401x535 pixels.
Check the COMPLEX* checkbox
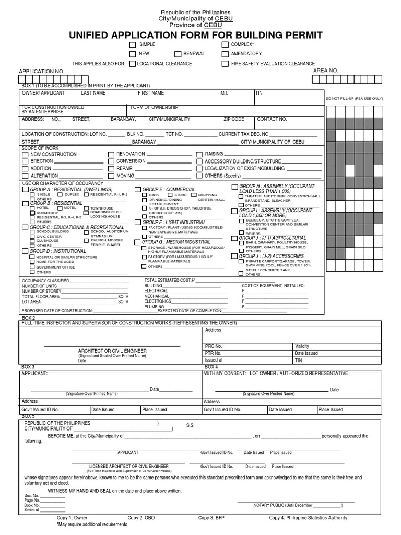pos(225,45)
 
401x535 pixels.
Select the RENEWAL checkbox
pos(178,54)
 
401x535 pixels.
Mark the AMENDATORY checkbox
pos(225,54)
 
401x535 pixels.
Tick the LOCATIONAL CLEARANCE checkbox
pos(133,64)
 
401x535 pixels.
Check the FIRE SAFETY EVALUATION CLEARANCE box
pos(225,64)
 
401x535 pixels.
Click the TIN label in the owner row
pos(259,93)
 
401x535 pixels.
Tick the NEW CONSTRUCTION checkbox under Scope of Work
pos(25,155)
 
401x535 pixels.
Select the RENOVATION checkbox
pos(111,155)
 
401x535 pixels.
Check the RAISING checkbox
pos(199,155)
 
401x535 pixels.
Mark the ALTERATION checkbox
pos(25,176)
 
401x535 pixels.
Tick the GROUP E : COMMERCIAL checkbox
pos(138,189)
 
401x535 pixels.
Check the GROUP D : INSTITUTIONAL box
pos(25,251)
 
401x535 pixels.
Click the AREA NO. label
pos(326,70)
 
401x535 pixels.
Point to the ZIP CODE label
pos(234,119)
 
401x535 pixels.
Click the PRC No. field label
pos(214,346)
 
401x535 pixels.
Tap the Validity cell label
pos(302,346)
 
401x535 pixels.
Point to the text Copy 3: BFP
pos(213,518)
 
